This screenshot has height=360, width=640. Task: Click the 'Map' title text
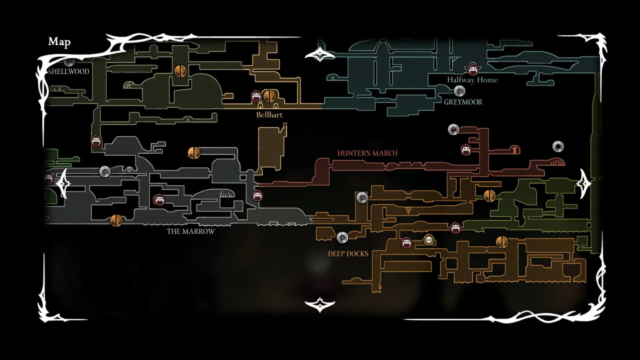pyautogui.click(x=59, y=42)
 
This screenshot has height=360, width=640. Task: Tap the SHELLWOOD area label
pyautogui.click(x=68, y=71)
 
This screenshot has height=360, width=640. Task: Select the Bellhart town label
pyautogui.click(x=269, y=115)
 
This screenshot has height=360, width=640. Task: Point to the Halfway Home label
pyautogui.click(x=472, y=80)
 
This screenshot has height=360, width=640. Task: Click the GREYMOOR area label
pyautogui.click(x=463, y=102)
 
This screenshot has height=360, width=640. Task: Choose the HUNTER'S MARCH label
pyautogui.click(x=367, y=153)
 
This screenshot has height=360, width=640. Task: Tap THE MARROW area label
pyautogui.click(x=190, y=231)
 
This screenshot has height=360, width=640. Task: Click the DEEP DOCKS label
pyautogui.click(x=348, y=253)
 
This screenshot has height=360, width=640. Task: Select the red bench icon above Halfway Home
pyautogui.click(x=472, y=69)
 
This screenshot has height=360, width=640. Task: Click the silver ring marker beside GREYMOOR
pyautogui.click(x=459, y=91)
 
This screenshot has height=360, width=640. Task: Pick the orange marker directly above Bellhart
pyautogui.click(x=269, y=96)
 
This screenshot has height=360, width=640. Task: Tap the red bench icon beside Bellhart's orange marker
pyautogui.click(x=256, y=96)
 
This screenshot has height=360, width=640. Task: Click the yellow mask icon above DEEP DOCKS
pyautogui.click(x=428, y=240)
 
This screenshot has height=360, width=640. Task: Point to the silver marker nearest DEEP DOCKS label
pyautogui.click(x=342, y=237)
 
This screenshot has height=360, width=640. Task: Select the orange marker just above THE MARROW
pyautogui.click(x=116, y=220)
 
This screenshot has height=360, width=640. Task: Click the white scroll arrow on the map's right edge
pyautogui.click(x=583, y=184)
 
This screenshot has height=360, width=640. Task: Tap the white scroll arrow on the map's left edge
pyautogui.click(x=62, y=184)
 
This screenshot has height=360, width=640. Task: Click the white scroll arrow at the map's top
pyautogui.click(x=319, y=54)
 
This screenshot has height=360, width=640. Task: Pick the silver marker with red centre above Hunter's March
pyautogui.click(x=453, y=129)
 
